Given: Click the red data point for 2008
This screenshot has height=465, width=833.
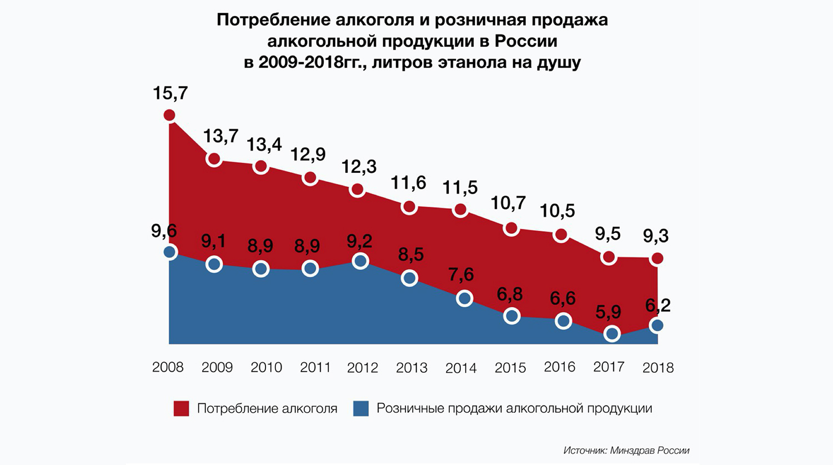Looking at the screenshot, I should (169, 115).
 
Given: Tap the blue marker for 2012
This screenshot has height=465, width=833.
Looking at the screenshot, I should (360, 261).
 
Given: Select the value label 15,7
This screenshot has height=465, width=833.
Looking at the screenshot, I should (170, 93).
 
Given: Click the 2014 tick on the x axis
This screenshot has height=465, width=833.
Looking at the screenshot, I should (461, 368).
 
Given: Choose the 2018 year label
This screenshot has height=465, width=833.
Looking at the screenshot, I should (658, 368).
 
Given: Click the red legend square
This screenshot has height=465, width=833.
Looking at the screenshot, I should (181, 408).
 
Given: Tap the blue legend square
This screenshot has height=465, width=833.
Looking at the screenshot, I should (361, 408).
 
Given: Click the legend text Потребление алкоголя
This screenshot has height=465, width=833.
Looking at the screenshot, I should (267, 408).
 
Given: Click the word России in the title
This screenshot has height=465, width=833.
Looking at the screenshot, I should (526, 41).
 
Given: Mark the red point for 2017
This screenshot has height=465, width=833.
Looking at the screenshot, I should (609, 257).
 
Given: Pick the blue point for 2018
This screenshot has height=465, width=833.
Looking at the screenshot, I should (657, 326).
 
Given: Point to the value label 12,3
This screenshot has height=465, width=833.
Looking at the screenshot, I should (359, 166).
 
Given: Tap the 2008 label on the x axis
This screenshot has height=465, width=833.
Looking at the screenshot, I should (168, 368).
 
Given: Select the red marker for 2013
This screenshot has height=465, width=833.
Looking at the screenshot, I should (409, 207).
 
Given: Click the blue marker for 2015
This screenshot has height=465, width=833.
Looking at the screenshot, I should (511, 316).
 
